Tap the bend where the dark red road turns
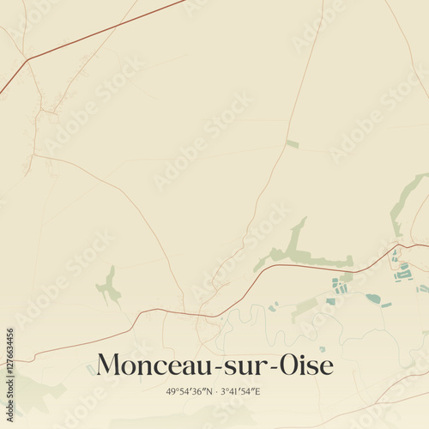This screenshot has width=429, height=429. [27, 60]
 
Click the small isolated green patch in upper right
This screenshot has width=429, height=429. [293, 144]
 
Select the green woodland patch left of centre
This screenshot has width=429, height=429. [108, 287]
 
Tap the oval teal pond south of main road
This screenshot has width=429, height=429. [373, 299]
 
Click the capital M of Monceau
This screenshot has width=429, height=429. [109, 365]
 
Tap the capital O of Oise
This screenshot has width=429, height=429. [284, 365]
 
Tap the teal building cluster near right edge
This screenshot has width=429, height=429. [402, 272]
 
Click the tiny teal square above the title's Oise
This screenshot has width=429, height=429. [322, 349]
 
